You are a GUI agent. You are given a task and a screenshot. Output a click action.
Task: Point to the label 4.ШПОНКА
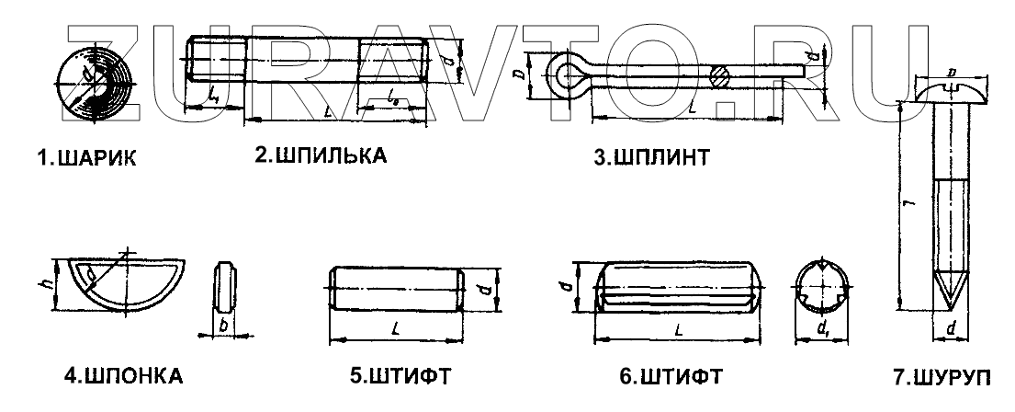[x=123, y=376]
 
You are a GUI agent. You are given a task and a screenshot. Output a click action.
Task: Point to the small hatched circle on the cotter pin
[x=722, y=74]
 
